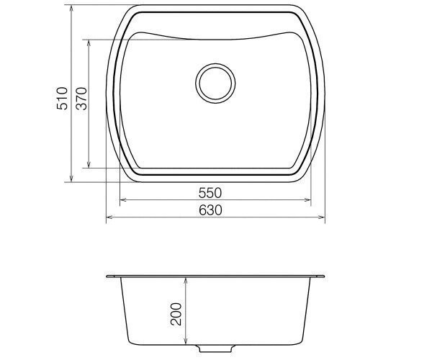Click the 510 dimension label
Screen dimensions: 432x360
click(x=62, y=99)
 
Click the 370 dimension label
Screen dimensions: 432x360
click(x=81, y=99)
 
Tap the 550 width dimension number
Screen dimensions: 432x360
click(x=210, y=193)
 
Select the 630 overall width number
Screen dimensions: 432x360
click(x=210, y=210)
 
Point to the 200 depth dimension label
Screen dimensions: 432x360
click(x=176, y=314)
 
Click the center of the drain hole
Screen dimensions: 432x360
click(x=215, y=84)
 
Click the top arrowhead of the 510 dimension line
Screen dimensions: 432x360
click(x=71, y=8)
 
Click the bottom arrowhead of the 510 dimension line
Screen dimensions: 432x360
click(x=71, y=179)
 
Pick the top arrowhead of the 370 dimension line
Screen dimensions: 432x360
click(x=89, y=43)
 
